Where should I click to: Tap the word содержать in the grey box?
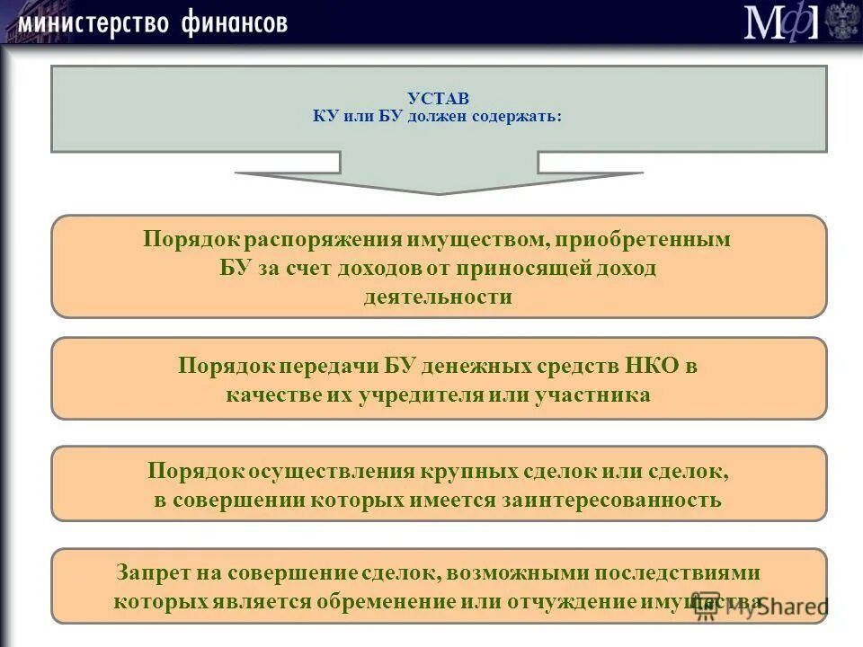[x=520, y=117]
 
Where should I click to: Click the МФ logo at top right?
[x=780, y=22]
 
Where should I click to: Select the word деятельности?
[x=438, y=297]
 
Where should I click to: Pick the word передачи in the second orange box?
[x=330, y=367]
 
